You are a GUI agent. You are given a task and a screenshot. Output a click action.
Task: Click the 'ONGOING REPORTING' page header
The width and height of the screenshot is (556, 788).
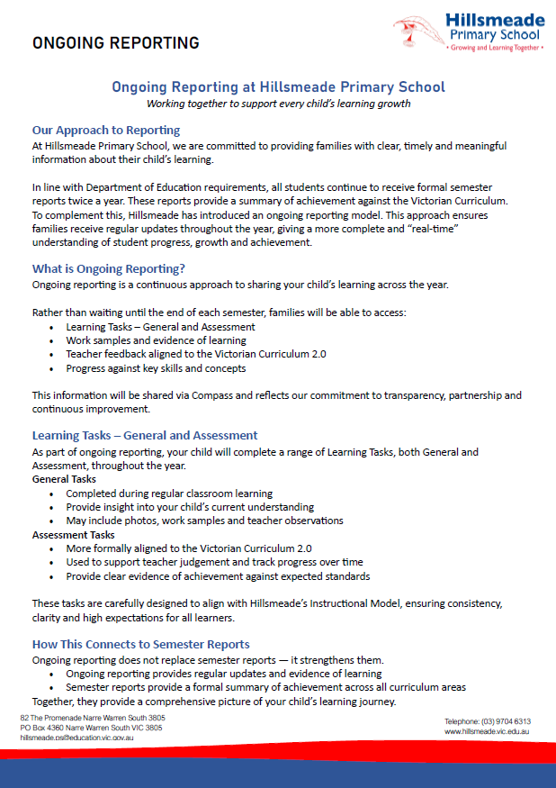[116, 42]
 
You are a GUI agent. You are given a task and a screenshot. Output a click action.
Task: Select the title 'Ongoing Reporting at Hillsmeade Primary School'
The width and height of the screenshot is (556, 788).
[278, 87]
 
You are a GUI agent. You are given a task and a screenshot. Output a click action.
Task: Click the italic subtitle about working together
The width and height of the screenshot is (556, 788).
[278, 104]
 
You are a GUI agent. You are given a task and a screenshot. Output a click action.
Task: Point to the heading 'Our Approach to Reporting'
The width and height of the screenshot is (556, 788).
[106, 130]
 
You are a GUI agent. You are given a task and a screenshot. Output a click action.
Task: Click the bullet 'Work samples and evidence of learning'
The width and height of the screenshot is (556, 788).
[156, 340]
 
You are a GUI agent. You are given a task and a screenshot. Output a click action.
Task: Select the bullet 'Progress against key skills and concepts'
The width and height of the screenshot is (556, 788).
[156, 367]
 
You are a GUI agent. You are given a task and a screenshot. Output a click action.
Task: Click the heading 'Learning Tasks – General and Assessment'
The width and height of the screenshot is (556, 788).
[145, 435]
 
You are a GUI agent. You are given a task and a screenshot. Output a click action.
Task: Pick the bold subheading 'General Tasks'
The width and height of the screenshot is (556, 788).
[64, 479]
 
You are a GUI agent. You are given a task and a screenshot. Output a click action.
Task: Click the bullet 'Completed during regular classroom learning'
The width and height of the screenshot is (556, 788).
[169, 494]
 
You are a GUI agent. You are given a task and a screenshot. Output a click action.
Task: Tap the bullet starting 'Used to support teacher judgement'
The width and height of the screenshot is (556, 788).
[214, 562]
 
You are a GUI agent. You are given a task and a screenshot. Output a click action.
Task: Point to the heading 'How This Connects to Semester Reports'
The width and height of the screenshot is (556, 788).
[141, 644]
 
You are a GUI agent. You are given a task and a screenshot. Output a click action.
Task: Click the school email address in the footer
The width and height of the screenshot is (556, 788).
[76, 738]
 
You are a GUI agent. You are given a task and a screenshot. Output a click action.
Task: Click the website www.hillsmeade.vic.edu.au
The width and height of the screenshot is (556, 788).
[486, 732]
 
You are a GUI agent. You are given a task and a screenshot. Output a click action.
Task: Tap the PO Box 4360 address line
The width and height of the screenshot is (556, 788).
[91, 728]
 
